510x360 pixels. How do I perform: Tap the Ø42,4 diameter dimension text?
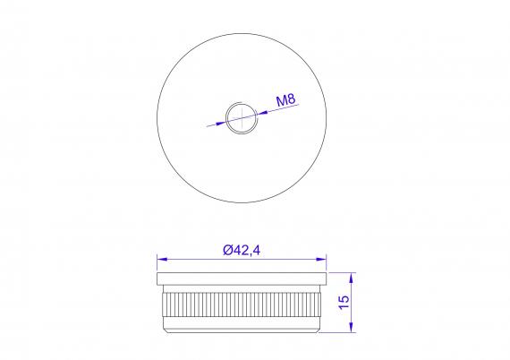click(241, 250)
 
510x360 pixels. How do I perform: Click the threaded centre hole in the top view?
click(240, 116)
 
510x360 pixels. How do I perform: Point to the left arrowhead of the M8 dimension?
click(221, 122)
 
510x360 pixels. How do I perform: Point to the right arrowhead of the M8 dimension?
click(259, 111)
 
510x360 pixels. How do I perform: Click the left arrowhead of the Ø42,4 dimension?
click(162, 260)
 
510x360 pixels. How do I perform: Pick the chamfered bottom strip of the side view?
click(241, 329)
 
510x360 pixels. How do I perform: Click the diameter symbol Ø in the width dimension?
click(225, 250)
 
